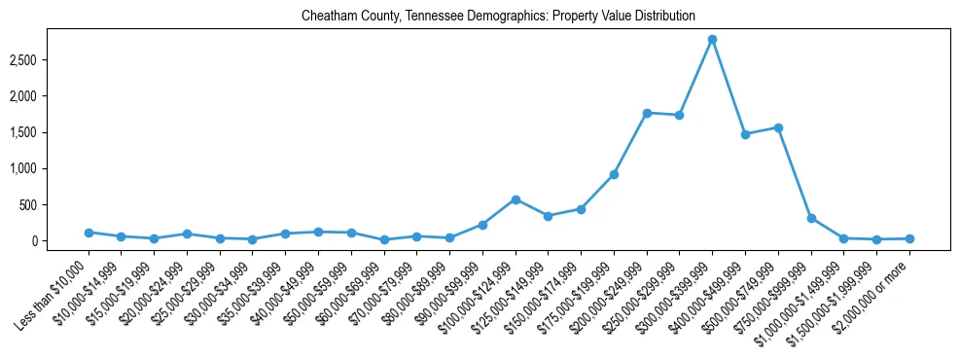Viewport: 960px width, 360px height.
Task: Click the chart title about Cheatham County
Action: pos(498,17)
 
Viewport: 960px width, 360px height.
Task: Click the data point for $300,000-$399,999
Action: pos(712,39)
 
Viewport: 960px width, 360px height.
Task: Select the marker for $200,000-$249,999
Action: pos(647,113)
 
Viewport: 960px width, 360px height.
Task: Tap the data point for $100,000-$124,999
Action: pos(516,199)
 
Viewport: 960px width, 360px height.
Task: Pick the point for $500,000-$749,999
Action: pos(778,127)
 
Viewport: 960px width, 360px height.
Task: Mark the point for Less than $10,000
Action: pos(89,233)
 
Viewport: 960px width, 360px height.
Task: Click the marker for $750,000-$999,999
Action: pos(811,218)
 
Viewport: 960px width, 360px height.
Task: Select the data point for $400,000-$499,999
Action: pos(745,134)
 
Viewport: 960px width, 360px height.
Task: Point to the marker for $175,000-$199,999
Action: pos(614,174)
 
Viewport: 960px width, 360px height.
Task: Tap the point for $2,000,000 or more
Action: pos(909,238)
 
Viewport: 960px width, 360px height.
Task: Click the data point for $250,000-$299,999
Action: pos(679,115)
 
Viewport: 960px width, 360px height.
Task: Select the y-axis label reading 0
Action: pos(60,240)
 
